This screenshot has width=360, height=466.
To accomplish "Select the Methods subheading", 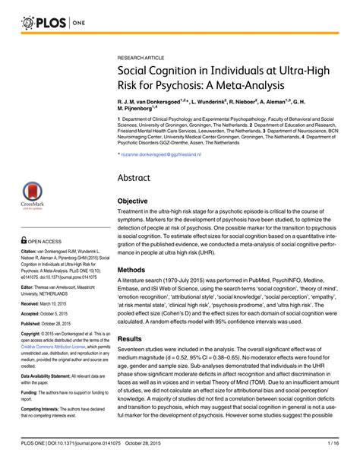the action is point(133,269).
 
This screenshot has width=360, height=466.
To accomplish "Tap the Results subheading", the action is point(131,339).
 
